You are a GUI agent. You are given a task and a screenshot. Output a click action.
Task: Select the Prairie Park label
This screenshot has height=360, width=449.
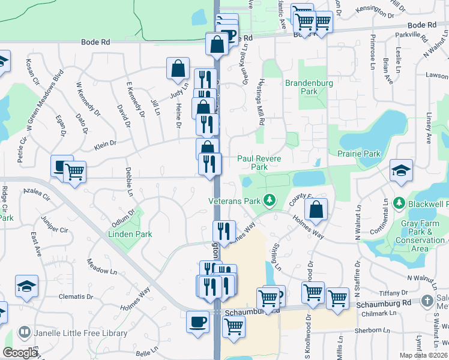coord(359,154)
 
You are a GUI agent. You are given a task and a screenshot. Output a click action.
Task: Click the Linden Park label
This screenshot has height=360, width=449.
coord(130,234)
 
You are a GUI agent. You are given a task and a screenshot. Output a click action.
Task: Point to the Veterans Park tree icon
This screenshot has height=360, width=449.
coord(270,199)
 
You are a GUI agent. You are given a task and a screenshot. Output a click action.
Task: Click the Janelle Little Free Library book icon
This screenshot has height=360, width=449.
coord(25,332)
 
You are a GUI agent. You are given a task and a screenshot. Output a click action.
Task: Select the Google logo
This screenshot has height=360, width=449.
coord(19,353)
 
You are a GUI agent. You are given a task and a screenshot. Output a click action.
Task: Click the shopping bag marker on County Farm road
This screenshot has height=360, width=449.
coord(316,209)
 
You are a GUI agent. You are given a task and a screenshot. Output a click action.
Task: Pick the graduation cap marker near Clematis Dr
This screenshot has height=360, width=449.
coord(26,286)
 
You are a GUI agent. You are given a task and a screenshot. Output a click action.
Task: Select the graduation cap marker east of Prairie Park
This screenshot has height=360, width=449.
coord(401,170)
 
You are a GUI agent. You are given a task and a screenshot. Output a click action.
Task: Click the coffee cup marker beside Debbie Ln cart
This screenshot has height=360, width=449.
coord(61,166)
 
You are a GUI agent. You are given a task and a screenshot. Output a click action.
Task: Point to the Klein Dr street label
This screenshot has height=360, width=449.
coord(105,145)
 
